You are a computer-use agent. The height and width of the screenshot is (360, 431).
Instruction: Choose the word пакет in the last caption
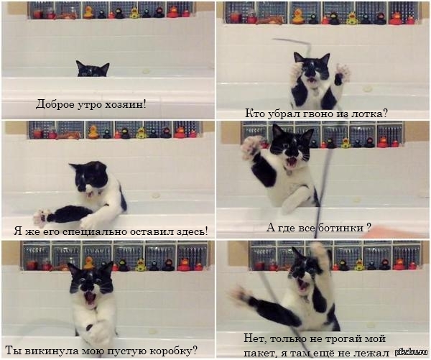click(x=259, y=353)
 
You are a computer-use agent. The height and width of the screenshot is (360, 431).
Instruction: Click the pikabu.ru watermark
click(x=411, y=352)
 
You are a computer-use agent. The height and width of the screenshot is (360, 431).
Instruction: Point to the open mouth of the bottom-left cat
click(x=90, y=299)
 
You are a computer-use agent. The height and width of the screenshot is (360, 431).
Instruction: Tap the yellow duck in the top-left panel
click(x=88, y=12)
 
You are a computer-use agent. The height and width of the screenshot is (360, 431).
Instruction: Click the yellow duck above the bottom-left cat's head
click(x=89, y=263)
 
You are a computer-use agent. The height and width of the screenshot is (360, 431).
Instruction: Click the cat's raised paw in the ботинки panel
click(x=251, y=148)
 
